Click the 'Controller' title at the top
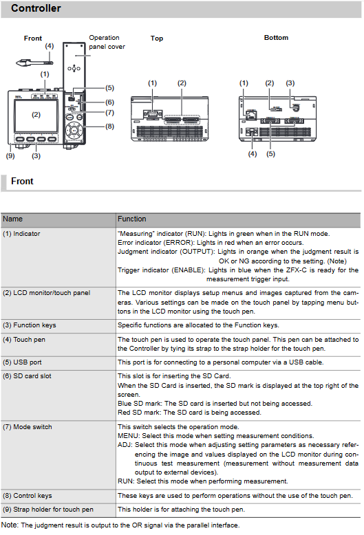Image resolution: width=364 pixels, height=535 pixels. coord(36,8)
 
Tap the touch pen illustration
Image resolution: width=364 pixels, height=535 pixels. coord(34,63)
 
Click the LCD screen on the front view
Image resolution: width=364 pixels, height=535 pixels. coord(36,116)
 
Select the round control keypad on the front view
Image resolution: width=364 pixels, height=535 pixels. coord(74,130)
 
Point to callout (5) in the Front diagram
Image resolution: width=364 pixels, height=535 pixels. coord(109,88)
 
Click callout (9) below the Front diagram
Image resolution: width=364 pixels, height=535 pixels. coord(10,155)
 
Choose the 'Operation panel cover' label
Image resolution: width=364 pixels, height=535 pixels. coord(107,42)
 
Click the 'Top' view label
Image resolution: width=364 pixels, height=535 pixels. coord(157,39)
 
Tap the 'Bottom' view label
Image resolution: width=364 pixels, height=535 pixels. coord(276,38)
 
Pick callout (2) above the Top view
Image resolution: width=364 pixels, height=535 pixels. coord(182,83)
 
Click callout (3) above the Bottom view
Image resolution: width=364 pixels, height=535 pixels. coord(290,83)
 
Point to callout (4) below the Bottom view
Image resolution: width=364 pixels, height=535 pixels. coord(253,154)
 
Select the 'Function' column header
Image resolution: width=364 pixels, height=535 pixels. coord(132,219)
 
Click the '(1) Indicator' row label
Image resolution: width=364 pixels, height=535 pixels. coord(21,234)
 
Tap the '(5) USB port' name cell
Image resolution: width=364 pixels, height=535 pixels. coord(22,362)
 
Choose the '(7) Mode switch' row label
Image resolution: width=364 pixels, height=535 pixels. coord(28,427)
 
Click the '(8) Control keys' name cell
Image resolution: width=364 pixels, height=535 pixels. coord(28,495)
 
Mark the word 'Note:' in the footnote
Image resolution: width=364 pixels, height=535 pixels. coord(10,525)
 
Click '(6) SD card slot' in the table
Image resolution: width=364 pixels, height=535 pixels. coord(27,376)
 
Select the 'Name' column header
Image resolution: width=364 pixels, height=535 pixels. coord(12,219)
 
